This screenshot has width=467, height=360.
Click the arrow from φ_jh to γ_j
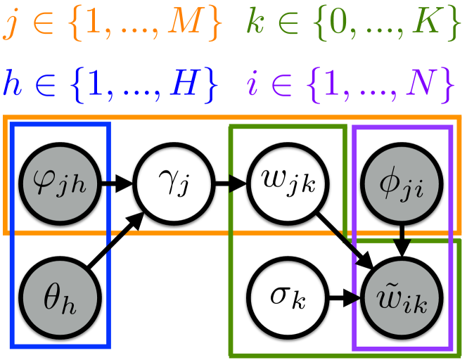(115, 187)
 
